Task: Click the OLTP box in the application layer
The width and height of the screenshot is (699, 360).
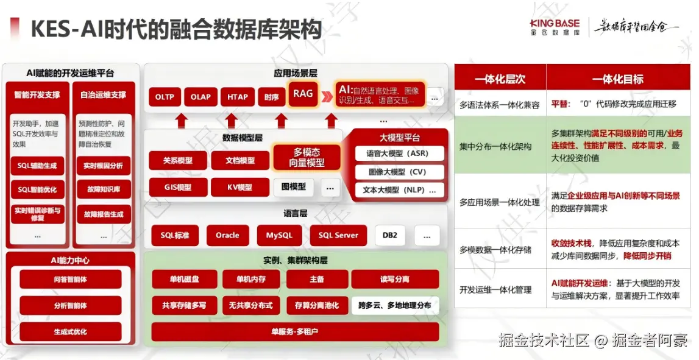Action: [x=165, y=97]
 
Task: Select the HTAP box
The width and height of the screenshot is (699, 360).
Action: [x=238, y=97]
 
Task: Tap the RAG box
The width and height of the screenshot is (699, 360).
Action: [x=303, y=94]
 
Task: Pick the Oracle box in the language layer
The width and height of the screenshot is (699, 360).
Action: [x=227, y=235]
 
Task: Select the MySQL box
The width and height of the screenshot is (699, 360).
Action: [x=279, y=235]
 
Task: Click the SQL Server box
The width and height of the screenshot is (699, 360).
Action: [x=338, y=235]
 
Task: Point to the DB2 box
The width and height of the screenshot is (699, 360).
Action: [x=390, y=235]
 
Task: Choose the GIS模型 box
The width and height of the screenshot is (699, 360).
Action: [x=178, y=187]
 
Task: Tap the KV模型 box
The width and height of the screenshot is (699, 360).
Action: [x=240, y=187]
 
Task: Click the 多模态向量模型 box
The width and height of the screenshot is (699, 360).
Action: [x=307, y=157]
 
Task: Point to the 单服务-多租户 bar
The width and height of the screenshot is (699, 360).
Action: [x=295, y=332]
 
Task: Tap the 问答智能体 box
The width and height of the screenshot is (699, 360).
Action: [x=70, y=279]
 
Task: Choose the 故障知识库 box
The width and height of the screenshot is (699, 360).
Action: [x=104, y=189]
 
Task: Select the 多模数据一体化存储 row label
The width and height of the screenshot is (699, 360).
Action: [x=495, y=250]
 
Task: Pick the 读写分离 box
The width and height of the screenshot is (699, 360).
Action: [x=394, y=279]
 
